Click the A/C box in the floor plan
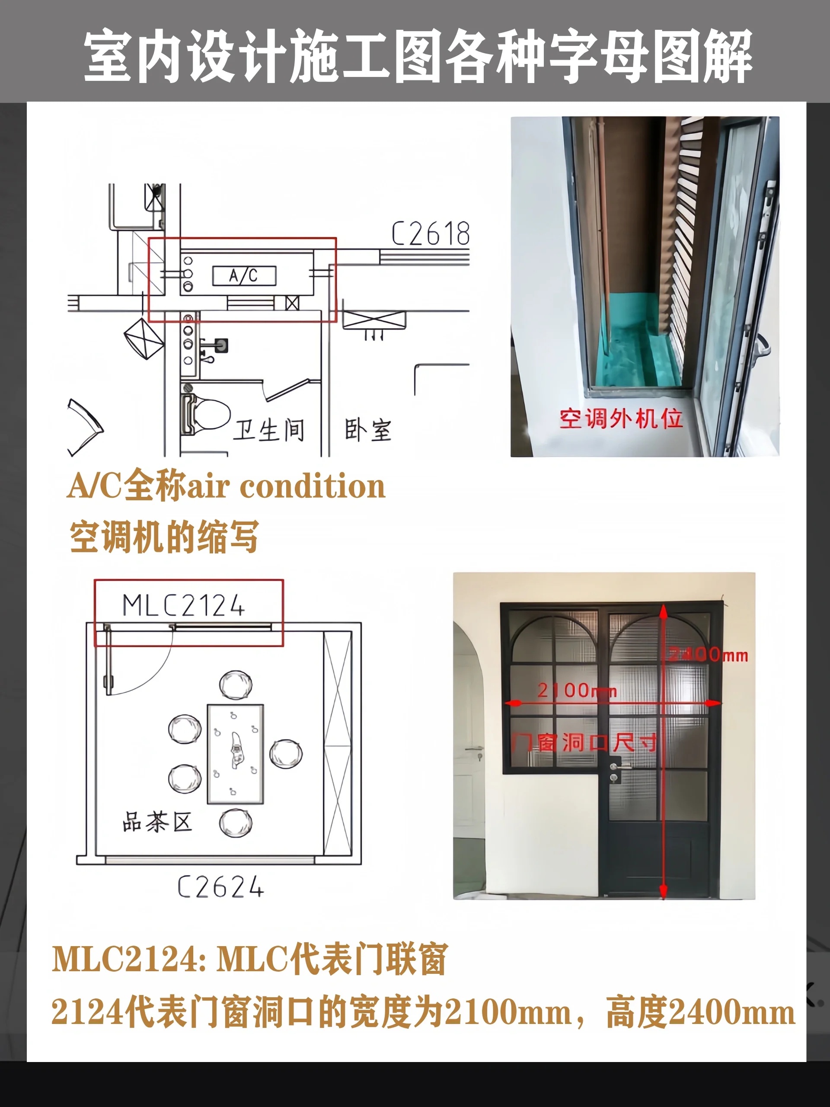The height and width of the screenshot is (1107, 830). pyautogui.click(x=244, y=276)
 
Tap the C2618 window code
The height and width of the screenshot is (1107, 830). pyautogui.click(x=430, y=234)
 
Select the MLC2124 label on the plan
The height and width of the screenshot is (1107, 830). pyautogui.click(x=184, y=605)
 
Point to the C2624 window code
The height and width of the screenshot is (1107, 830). pyautogui.click(x=220, y=887)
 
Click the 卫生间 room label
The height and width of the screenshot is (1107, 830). pyautogui.click(x=268, y=430)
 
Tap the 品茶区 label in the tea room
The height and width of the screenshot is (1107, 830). pyautogui.click(x=157, y=822)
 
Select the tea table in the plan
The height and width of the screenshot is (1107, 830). pyautogui.click(x=236, y=754)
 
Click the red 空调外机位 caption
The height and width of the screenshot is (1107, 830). pyautogui.click(x=621, y=419)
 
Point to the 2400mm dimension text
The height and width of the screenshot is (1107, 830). pyautogui.click(x=709, y=654)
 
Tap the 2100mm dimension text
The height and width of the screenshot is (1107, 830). pyautogui.click(x=577, y=691)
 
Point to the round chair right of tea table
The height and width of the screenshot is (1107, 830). pyautogui.click(x=286, y=754)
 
